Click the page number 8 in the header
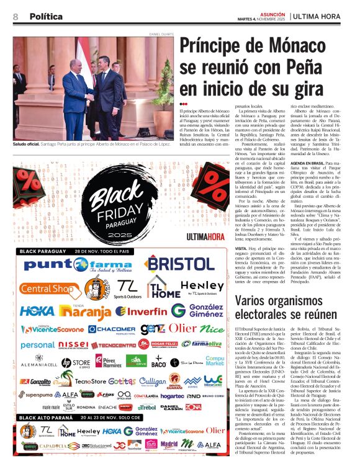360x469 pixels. point(16,17)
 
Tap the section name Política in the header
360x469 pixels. point(45,17)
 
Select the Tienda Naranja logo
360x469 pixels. point(86,310)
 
